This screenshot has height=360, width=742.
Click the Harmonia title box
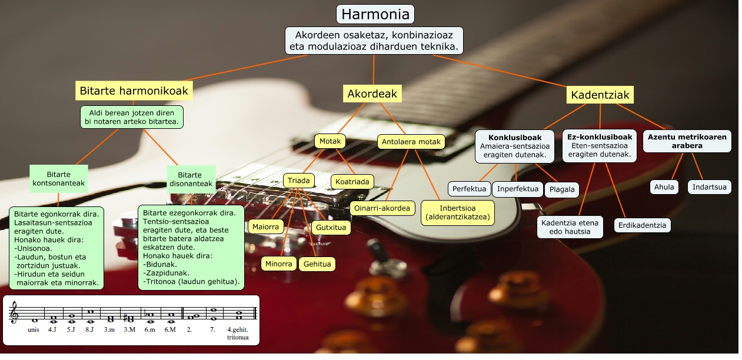375,14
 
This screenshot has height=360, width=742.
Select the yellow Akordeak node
372,94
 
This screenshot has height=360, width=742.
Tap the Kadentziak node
600,95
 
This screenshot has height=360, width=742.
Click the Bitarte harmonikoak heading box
134,91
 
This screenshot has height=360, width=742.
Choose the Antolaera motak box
411,141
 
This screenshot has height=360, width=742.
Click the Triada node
299,180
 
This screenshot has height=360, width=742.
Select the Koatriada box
352,182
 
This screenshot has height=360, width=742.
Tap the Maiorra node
267,226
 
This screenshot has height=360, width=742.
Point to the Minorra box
278,264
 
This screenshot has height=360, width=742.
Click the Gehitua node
317,264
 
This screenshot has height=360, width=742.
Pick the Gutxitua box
331,227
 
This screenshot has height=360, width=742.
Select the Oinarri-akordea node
382,208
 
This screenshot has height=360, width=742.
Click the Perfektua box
469,189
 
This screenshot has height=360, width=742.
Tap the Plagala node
562,190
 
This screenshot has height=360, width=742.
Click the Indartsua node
709,188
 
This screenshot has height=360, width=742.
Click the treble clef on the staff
14,314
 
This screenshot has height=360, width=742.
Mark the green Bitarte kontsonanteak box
58,179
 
